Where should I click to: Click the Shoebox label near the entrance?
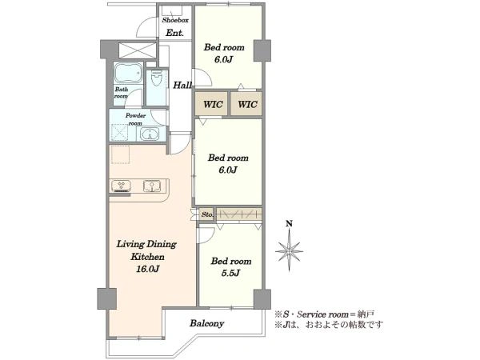[x=175, y=21]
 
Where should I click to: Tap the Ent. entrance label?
[x=174, y=33]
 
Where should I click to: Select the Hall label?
[x=182, y=85]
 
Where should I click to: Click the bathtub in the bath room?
[x=129, y=74]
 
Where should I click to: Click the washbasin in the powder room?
[x=150, y=134]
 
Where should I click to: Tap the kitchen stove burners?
[x=122, y=186]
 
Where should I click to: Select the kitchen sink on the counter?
[x=152, y=186]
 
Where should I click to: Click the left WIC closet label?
[x=213, y=104]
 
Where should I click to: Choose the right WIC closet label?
[x=248, y=104]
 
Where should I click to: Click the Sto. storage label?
[x=207, y=215]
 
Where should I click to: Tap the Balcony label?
[x=206, y=323]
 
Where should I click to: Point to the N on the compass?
[x=289, y=224]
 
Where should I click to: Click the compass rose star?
[x=290, y=251]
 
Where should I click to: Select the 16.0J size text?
[x=147, y=269]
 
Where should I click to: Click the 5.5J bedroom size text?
[x=230, y=273]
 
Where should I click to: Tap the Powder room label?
[x=135, y=119]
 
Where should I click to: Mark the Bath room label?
[x=122, y=93]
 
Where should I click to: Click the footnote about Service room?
[x=325, y=314]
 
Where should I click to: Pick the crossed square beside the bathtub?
[x=138, y=51]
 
